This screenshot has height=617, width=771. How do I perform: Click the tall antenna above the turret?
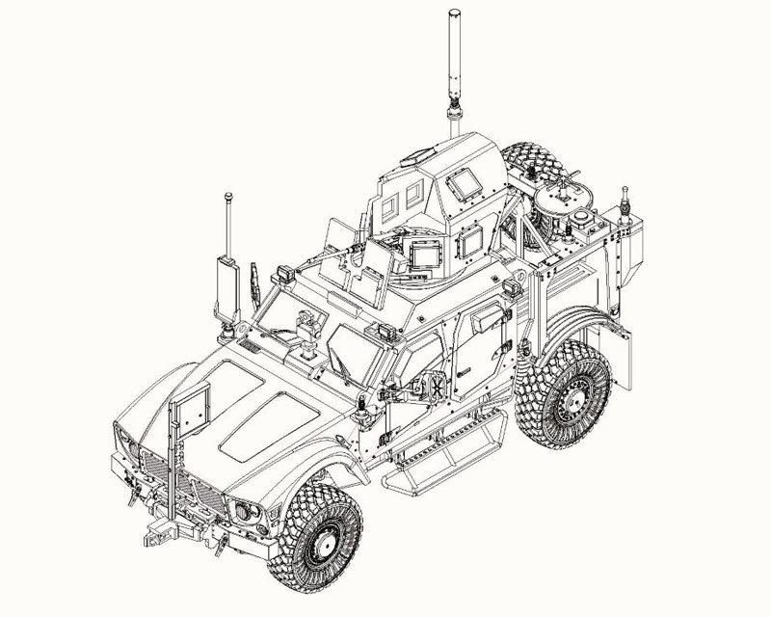(x=454, y=58)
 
